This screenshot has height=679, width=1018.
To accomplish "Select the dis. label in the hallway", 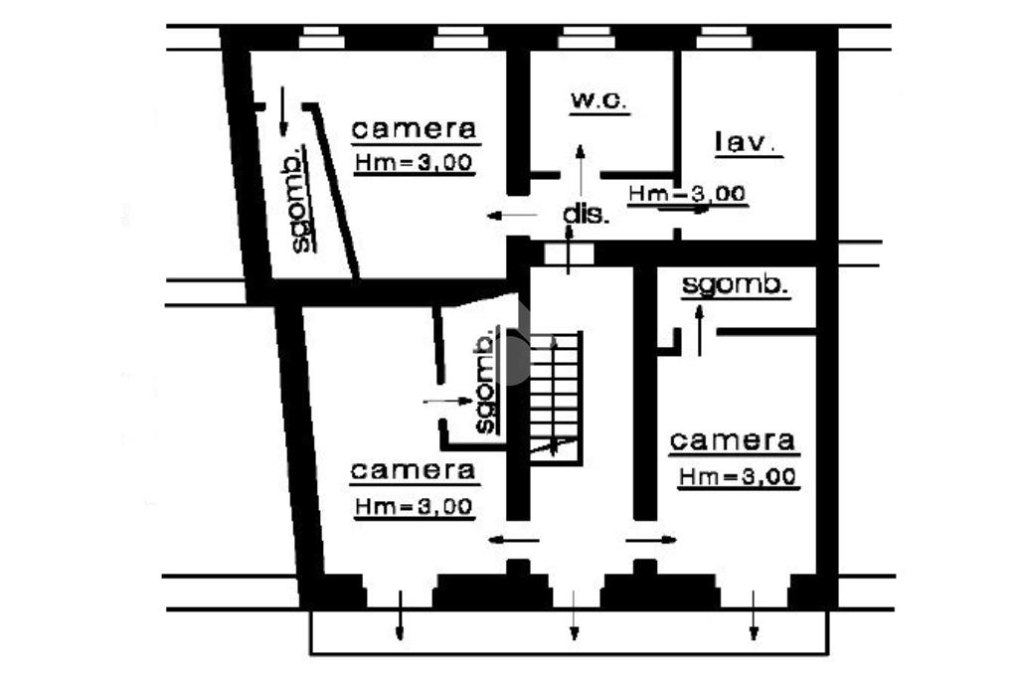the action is (586, 214).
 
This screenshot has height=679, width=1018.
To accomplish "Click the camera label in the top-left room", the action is (416, 128).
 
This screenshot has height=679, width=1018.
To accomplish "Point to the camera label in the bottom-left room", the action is (414, 469).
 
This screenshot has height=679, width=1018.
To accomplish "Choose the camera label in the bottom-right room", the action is (733, 439).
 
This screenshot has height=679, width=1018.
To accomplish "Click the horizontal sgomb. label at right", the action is (736, 285).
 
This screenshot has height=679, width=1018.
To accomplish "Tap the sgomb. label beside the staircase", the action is (485, 383).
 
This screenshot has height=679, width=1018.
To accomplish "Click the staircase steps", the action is (554, 393).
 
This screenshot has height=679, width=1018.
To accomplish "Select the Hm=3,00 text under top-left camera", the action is (414, 163).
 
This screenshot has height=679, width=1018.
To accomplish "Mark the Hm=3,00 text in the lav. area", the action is (688, 194).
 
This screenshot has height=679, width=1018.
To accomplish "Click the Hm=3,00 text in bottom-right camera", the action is (738, 476).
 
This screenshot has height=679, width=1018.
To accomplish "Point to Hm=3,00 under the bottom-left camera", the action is (414, 506).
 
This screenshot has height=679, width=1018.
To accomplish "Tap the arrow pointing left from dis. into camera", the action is (505, 214).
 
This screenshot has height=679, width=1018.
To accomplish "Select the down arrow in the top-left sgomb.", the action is (283, 111).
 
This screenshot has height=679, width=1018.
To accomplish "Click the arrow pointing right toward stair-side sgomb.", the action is (448, 400).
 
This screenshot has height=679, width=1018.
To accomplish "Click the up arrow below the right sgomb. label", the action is (699, 329).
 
